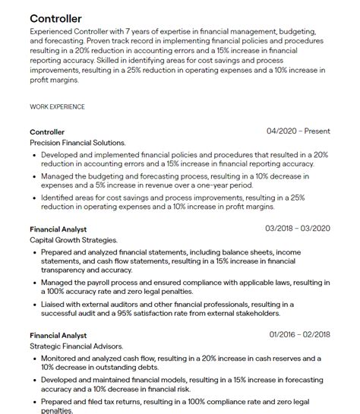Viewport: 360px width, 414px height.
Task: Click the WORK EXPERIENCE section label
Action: coord(57,107)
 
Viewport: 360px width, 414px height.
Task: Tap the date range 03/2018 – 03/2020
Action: coord(298,228)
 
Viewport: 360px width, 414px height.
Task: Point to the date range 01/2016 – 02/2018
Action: coord(300,335)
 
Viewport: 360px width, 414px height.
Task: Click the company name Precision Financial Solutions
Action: coord(77,142)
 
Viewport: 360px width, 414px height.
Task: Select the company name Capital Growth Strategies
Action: coord(74,239)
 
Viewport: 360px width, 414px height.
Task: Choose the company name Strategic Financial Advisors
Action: coord(77,346)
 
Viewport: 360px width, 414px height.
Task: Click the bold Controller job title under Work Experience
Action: coord(47,131)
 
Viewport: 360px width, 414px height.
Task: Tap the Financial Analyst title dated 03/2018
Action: coord(58,229)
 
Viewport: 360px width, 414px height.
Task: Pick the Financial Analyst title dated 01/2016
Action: coord(58,335)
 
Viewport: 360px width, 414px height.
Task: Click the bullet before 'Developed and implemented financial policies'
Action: coord(35,154)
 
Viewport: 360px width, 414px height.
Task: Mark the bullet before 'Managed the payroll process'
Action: coord(35,283)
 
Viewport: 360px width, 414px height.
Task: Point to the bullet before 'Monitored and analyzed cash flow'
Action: coord(35,358)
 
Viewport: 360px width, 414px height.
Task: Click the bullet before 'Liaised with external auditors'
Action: coord(35,304)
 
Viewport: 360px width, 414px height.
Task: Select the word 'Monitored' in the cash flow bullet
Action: coord(62,358)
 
